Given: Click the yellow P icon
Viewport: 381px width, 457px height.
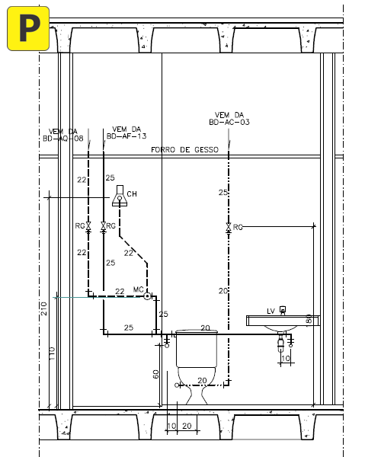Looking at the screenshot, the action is pos(28,29).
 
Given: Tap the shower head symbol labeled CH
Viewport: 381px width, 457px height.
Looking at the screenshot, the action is pos(120,196).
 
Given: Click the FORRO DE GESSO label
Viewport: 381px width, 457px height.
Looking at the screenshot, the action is pos(184,150).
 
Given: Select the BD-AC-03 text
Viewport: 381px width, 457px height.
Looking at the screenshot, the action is pos(229,122).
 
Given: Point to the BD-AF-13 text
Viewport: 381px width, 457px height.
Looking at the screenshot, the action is pos(126,136).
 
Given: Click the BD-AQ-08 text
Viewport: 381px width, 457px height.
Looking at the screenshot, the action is pos(63,139).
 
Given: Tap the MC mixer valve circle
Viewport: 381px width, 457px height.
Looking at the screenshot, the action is pos(148,296).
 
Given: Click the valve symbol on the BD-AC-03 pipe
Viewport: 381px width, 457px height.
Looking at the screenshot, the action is pos(229,227).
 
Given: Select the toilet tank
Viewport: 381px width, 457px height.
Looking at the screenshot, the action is pos(197,348).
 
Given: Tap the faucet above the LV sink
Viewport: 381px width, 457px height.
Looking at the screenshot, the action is pos(283,310).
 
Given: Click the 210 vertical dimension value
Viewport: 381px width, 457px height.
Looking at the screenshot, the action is pos(43,308).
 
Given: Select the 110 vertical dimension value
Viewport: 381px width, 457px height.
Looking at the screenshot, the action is pos(52,353).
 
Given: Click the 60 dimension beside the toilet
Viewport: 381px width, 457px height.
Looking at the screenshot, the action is pos(156,374).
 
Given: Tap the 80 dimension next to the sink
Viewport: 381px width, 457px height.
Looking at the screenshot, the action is pos(309,319).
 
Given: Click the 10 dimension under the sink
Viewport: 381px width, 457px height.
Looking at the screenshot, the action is pos(286,358).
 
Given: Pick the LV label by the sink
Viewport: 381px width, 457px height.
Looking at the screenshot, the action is pos(271,312).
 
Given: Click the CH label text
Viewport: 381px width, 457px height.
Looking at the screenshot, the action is pos(132,194).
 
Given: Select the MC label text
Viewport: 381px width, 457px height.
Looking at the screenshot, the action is pos(138,289).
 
